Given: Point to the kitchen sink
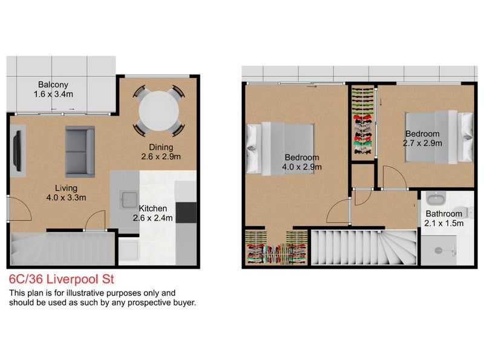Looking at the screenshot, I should [x=129, y=197].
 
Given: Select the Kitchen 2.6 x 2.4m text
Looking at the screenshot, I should [x=152, y=213].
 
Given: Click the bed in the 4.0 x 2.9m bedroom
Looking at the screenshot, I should [x=281, y=148].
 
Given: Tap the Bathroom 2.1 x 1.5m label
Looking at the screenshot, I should [x=443, y=218].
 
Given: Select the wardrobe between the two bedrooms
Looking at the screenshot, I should [x=363, y=124].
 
